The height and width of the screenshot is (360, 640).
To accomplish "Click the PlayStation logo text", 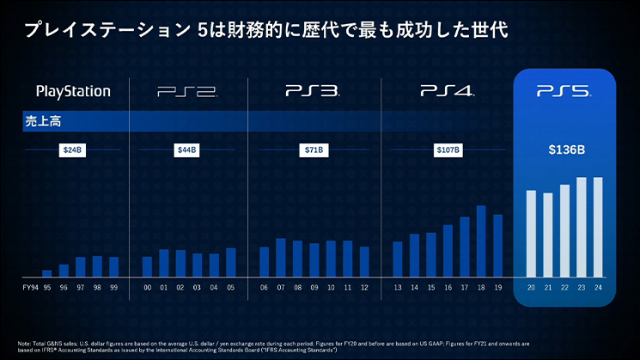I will click(x=73, y=90).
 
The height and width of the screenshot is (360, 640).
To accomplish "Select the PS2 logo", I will click(x=187, y=90).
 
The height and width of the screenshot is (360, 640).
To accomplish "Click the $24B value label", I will click(x=73, y=150).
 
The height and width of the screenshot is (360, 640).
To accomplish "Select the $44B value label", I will click(x=187, y=150).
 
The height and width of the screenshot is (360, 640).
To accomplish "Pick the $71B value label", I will click(x=314, y=150).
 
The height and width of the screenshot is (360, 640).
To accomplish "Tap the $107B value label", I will click(x=448, y=150).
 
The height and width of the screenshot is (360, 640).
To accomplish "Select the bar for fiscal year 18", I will click(x=481, y=241).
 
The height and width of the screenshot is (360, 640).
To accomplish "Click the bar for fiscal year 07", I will click(x=281, y=257).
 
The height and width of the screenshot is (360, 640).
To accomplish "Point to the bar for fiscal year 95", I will click(x=47, y=272).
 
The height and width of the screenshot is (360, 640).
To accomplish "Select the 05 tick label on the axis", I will click(x=230, y=287).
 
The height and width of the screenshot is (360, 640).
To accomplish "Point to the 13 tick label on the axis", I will click(x=398, y=287).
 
